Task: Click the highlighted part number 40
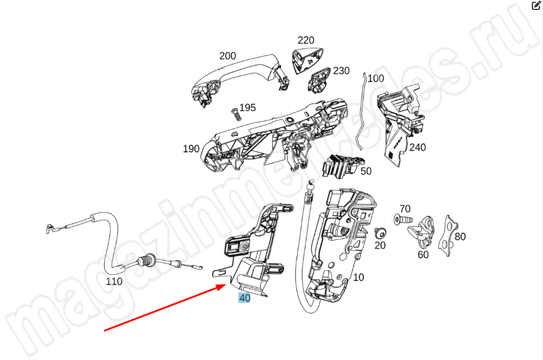244,298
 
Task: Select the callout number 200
228,56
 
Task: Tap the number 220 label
306,41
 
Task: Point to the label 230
341,71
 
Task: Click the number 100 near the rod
375,78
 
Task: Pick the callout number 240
418,148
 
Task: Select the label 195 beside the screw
248,108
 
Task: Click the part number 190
191,149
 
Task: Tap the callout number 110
114,281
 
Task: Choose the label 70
405,209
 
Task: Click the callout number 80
460,236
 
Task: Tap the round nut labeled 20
379,232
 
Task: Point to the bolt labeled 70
397,220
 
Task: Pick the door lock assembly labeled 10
341,241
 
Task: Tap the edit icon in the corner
536,6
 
